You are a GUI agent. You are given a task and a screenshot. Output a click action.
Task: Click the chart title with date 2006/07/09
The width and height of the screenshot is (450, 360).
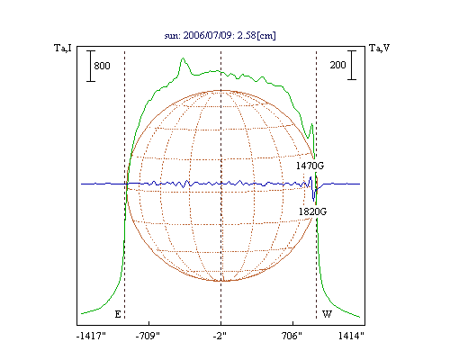(220, 35)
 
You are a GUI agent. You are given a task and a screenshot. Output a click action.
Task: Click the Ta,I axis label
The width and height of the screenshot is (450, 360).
(63, 48)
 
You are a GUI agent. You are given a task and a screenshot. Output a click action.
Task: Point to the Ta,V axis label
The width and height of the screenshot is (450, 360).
(380, 48)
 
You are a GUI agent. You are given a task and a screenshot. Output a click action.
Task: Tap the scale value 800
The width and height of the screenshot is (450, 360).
(102, 66)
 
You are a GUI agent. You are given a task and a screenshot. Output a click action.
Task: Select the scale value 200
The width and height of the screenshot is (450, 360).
(337, 65)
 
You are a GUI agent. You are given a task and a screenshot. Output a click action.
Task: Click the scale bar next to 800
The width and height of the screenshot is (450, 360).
(91, 66)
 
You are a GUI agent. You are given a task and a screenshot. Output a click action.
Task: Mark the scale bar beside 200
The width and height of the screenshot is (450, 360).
(352, 65)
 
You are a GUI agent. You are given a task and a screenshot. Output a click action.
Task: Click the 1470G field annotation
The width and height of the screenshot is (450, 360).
(310, 166)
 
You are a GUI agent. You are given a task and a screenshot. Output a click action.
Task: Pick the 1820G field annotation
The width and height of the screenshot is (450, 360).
(312, 211)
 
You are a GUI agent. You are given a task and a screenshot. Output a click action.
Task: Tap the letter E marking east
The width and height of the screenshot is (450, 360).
(118, 314)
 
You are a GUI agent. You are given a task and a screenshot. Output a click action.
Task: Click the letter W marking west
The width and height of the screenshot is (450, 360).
(327, 314)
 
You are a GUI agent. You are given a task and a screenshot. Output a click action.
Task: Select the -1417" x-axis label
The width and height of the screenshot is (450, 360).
(91, 336)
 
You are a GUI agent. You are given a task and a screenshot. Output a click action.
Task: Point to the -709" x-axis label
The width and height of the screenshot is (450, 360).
(148, 336)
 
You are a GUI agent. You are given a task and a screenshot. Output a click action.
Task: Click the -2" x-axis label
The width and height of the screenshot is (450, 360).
(220, 336)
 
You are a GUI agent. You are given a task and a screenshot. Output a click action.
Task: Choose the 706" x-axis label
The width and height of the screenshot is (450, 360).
(292, 336)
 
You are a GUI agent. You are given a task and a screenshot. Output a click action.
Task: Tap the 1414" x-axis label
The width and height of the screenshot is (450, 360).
(351, 336)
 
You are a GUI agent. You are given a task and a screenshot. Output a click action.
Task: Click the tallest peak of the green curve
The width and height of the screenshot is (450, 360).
(183, 58)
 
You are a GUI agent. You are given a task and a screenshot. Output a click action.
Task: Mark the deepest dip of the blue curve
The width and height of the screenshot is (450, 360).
(313, 201)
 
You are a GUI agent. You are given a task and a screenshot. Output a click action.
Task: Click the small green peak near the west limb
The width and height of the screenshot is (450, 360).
(312, 124)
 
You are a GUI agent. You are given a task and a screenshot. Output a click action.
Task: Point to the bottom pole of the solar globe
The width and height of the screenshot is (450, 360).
(221, 281)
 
